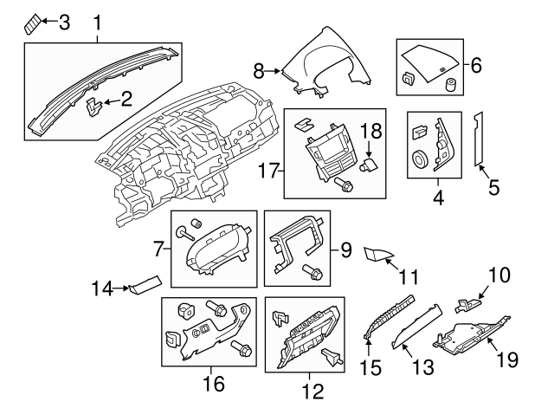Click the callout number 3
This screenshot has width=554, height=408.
(63, 23)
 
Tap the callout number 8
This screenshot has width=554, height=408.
(258, 69)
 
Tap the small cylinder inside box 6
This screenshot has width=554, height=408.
(450, 83)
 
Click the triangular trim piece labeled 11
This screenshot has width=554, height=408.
(377, 254)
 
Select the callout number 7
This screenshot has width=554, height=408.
(158, 251)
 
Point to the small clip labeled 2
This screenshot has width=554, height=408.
(95, 107)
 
